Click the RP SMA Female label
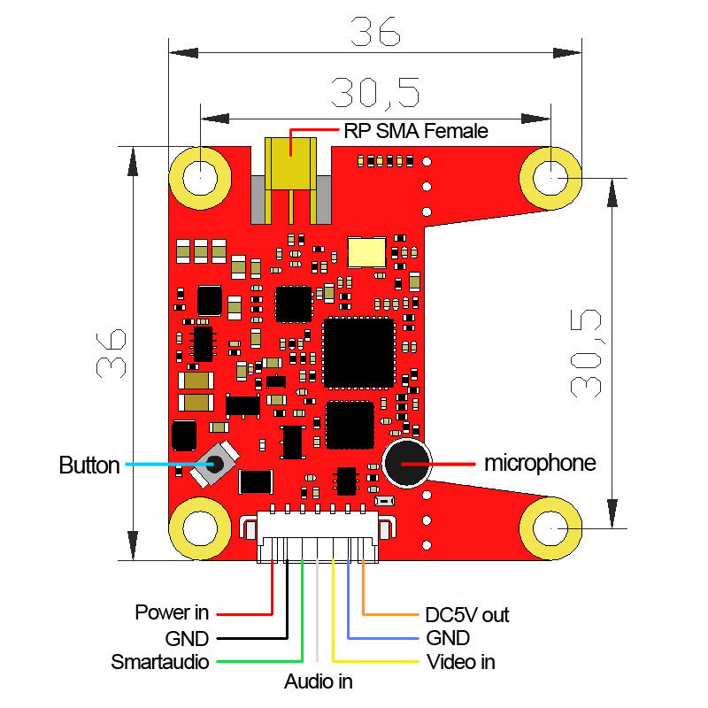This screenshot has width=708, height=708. pos(416,131)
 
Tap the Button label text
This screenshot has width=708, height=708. pos(89,466)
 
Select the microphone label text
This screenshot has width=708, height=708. pos(540,463)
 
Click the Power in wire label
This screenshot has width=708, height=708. pos(172,612)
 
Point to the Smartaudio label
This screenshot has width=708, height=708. pos(160,662)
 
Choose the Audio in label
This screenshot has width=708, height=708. pos(319,681)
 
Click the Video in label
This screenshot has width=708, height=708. pos(461,662)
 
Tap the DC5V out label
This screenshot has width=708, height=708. pos(467,615)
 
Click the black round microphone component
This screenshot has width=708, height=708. pos(407,463)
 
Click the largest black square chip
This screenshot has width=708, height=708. pos(359,353)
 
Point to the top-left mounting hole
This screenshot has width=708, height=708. pos(201,178)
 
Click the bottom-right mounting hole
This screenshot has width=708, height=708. pos(550,528)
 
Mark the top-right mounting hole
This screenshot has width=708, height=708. pos(550,178)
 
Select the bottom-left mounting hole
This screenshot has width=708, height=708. pos(201,528)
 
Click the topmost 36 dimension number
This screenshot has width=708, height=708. pos(375,32)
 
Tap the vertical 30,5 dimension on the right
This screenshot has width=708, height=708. pos(586,353)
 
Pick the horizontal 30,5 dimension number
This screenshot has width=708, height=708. pos(375,94)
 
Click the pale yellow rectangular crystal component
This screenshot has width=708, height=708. pos(366,252)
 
